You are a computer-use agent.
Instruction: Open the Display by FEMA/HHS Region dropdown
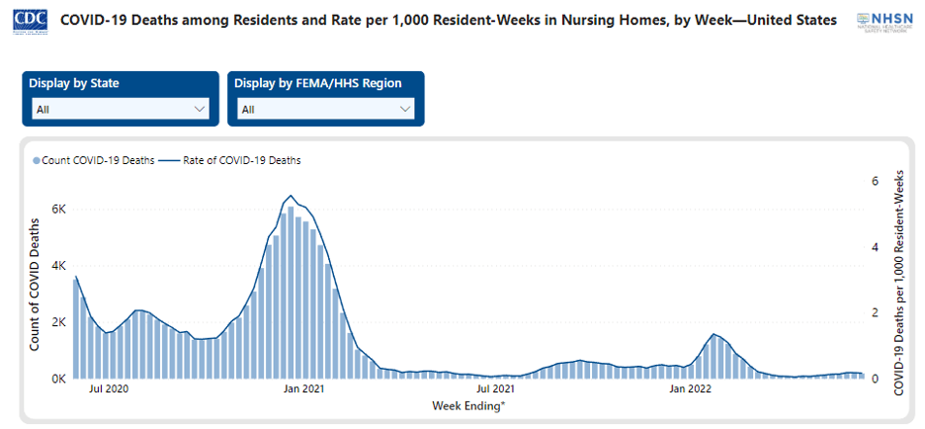coord(326,109)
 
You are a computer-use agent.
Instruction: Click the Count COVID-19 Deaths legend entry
coord(94,160)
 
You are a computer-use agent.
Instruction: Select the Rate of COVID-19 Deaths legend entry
coord(237,160)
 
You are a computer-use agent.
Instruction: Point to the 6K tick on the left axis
coord(57,210)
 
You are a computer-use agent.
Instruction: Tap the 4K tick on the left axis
coord(57,266)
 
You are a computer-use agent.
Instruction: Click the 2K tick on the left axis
coord(57,322)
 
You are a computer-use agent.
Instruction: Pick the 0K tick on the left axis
coord(57,379)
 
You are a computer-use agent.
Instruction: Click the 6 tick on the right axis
coord(875,181)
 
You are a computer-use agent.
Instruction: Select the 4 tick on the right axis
coord(875,247)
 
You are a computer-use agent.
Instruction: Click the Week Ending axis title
coord(468,406)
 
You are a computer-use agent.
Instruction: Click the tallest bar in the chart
coord(291,293)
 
